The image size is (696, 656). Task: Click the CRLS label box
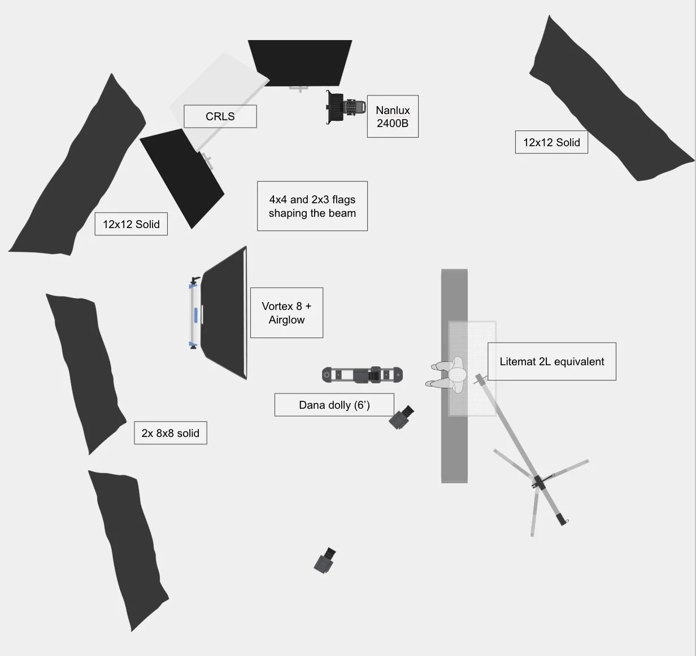tap(220, 116)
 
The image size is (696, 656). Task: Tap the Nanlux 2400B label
tap(393, 116)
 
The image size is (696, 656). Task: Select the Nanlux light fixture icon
tap(345, 107)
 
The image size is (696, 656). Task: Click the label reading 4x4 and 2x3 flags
tap(312, 206)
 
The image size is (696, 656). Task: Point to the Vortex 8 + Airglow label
tap(286, 313)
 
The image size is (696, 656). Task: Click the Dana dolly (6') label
tap(334, 405)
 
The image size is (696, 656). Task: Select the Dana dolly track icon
tap(363, 374)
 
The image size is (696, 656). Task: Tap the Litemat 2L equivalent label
tap(551, 361)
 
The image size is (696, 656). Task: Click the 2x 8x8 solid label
tap(170, 433)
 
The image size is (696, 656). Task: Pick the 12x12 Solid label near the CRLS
tap(131, 224)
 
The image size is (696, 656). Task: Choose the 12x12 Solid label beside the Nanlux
tap(551, 142)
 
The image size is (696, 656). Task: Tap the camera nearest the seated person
tap(402, 417)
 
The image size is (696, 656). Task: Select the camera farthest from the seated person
tap(325, 561)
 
